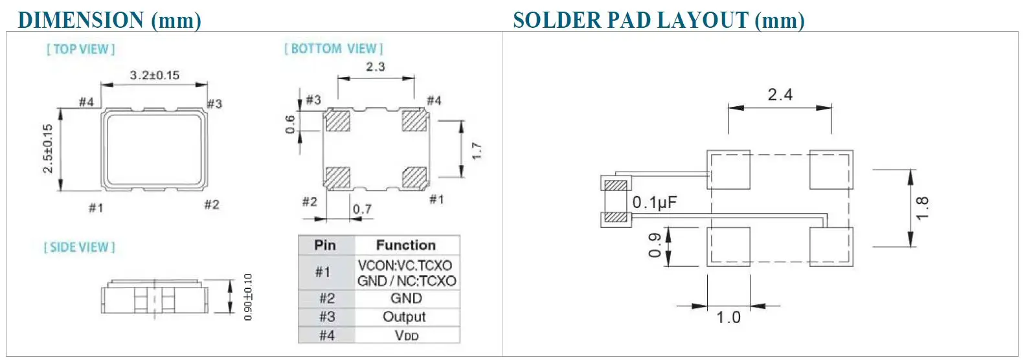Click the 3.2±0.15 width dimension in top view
pos(155,75)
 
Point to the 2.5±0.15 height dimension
pos(48,149)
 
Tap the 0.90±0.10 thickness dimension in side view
pos(248,297)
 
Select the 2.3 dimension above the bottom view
pos(376,67)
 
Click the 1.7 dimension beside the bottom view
pos(477,151)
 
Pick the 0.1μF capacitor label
pos(655,203)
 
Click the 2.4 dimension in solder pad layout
pos(780,95)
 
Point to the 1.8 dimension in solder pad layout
pos(923,208)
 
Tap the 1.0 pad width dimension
pos(728,317)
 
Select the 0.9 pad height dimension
pos(655,245)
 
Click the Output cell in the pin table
pos(404,317)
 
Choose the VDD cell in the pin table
pos(407,335)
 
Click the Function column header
pos(406,245)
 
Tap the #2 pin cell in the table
pos(326,298)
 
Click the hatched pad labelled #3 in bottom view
pos(337,121)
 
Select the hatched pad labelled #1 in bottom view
pos(414,177)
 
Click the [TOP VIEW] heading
pos(81,49)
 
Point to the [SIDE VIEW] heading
pos(80,247)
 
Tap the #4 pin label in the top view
pos(86,102)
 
